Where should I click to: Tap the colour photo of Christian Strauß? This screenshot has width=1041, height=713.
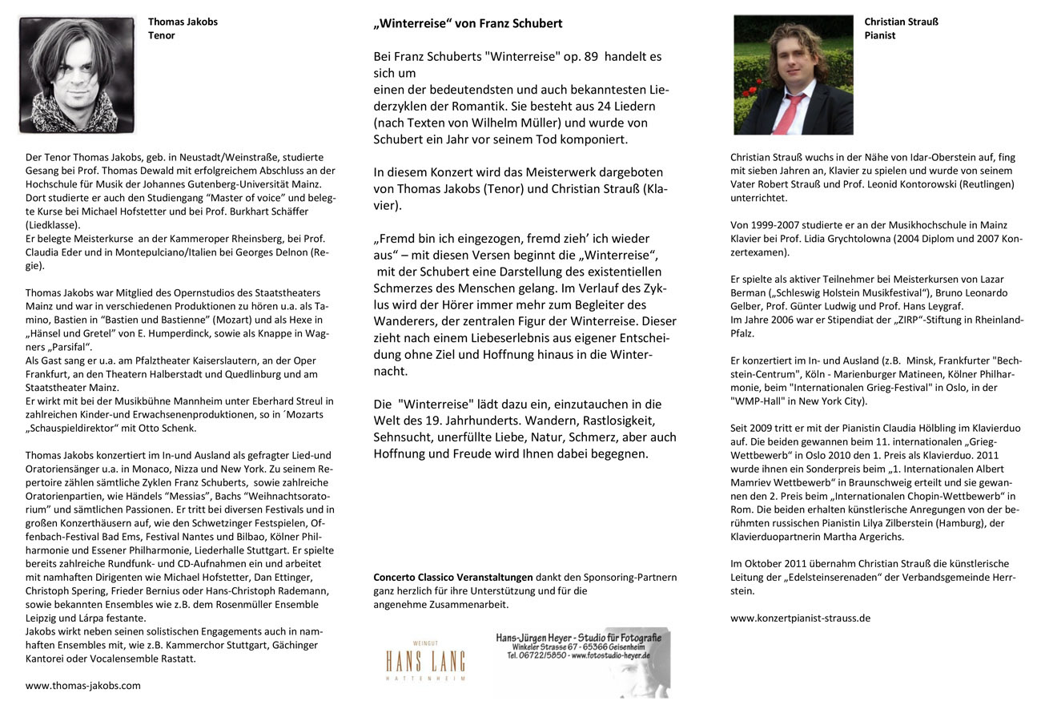point(793,75)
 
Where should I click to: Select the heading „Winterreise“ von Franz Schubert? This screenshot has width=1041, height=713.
point(468,23)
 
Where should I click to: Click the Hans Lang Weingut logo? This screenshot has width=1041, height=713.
point(425,663)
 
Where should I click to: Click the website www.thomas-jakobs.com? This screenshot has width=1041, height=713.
point(83,685)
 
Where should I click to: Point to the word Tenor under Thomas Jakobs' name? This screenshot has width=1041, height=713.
point(161,35)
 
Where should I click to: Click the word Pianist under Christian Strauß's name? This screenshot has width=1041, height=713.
point(880,35)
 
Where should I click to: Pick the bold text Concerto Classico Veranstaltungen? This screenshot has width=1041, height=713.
point(453,577)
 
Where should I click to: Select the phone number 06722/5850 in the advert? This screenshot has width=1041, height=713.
point(535,655)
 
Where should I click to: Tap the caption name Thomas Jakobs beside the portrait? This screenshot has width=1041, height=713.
point(183,22)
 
